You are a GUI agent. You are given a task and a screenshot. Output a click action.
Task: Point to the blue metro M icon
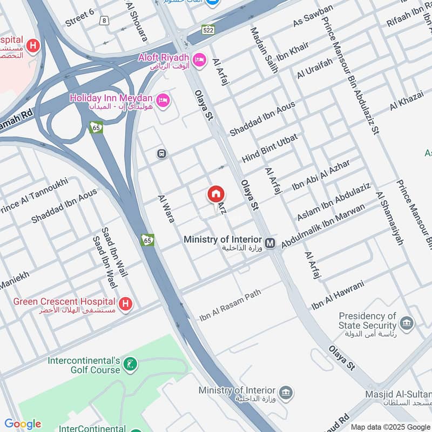(270, 244)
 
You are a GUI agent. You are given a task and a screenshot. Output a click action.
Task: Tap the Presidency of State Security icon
(406, 323)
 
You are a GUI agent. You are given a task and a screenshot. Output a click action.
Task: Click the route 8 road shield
(103, 21)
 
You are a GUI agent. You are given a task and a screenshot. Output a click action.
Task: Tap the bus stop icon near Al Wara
(161, 154)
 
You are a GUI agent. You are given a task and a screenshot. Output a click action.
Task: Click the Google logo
(23, 424)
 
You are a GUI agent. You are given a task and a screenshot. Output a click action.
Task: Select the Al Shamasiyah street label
(390, 219)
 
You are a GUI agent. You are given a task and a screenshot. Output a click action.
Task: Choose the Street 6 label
(79, 18)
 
